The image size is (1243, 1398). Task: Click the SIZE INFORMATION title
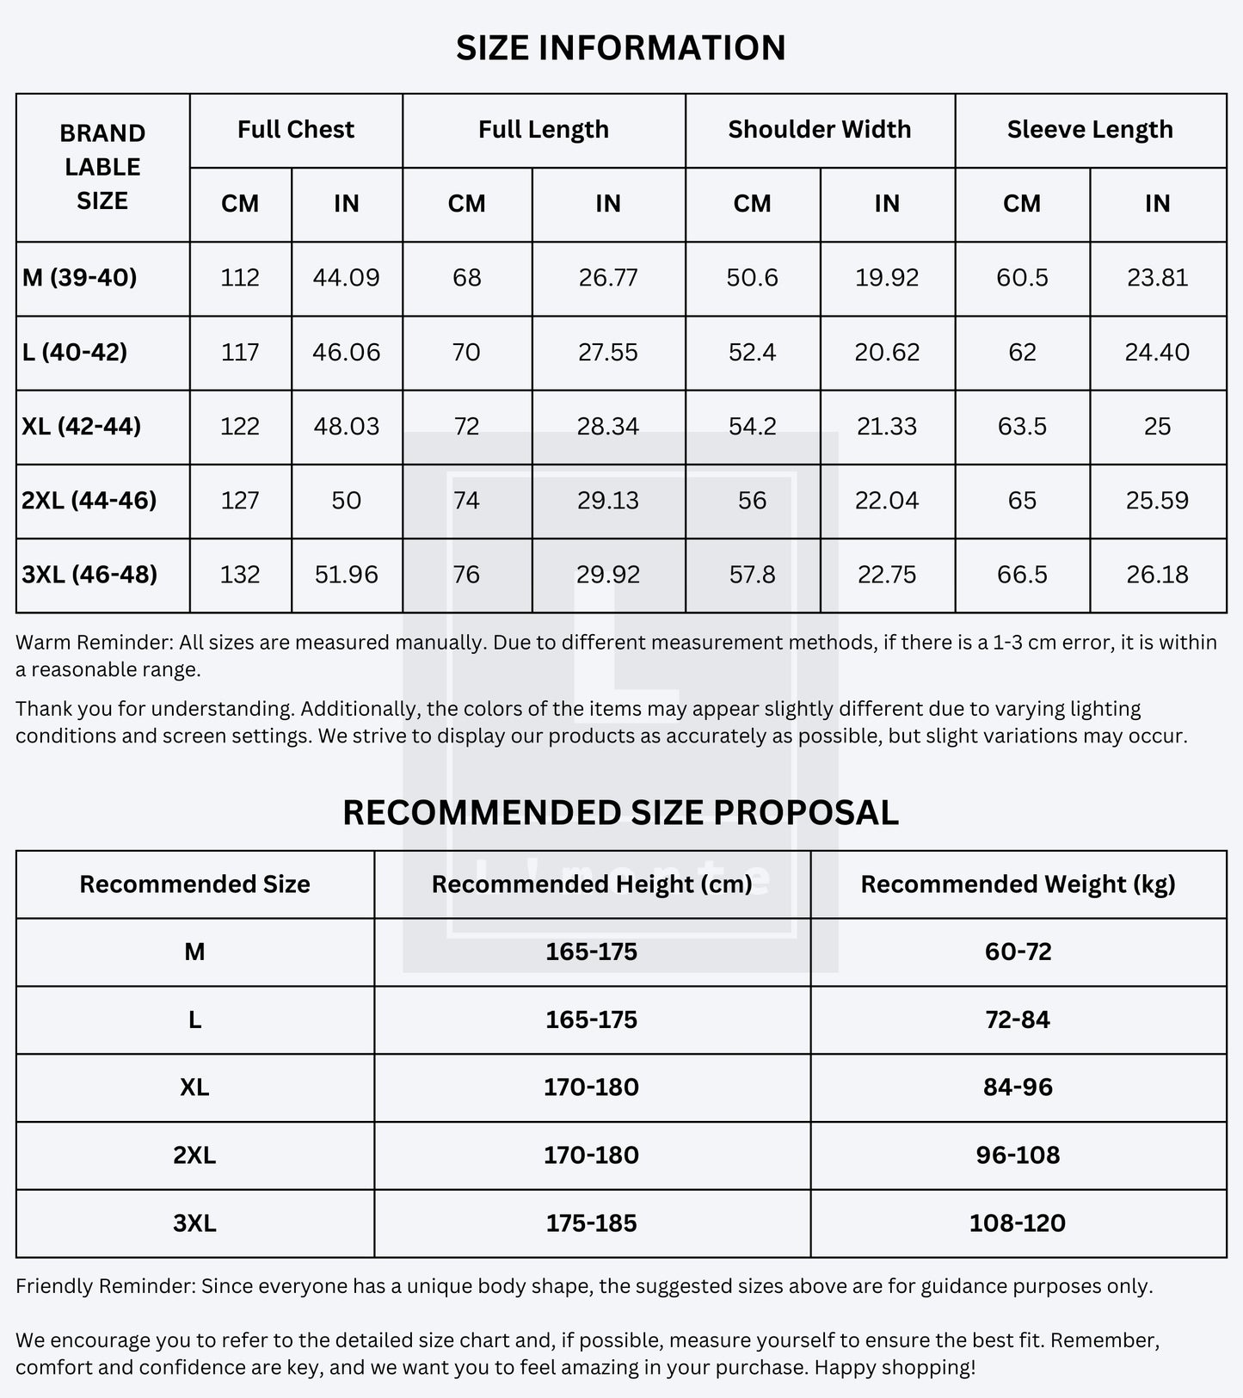point(620,48)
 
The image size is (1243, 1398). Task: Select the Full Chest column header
point(295,130)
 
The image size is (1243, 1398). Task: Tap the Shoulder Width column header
point(819,130)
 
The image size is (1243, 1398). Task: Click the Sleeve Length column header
point(1090,130)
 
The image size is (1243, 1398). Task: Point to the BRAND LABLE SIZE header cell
point(102,167)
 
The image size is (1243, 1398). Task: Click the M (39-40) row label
point(80,278)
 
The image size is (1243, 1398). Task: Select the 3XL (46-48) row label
point(89,575)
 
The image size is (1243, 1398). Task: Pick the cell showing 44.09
point(347,278)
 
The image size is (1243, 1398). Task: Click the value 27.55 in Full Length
point(607,353)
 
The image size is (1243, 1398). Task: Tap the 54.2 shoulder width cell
point(752,427)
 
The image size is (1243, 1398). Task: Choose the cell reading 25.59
point(1157,501)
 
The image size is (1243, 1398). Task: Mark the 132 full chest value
point(239,575)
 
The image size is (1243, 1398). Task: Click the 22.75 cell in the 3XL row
point(887,575)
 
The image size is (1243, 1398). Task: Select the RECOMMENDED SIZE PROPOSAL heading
point(620,813)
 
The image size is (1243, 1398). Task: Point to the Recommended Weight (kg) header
point(1018,884)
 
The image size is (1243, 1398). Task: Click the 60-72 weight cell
point(1018,952)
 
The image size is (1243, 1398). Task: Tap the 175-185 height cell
point(591,1223)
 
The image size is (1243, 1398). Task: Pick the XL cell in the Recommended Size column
point(194,1087)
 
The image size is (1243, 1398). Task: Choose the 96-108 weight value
point(1018,1155)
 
